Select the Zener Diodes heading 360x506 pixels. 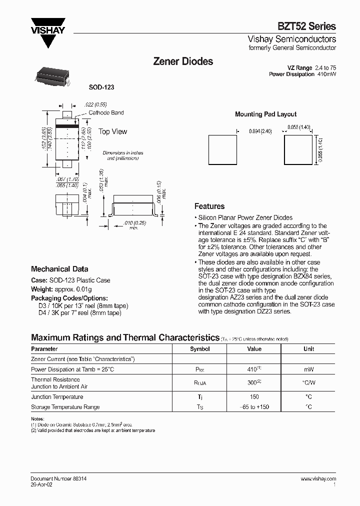182,61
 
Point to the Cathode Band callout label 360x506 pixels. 106,113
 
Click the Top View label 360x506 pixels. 112,131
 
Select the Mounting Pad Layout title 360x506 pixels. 265,114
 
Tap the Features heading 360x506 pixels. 209,206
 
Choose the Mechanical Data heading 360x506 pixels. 59,268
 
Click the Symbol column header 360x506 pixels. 200,349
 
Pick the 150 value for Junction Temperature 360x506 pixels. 254,396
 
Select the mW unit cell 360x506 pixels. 308,370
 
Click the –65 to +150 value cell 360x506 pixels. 254,407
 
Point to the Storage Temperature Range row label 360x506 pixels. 65,407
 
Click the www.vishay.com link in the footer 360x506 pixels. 318,478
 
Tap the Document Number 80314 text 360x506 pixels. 58,478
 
